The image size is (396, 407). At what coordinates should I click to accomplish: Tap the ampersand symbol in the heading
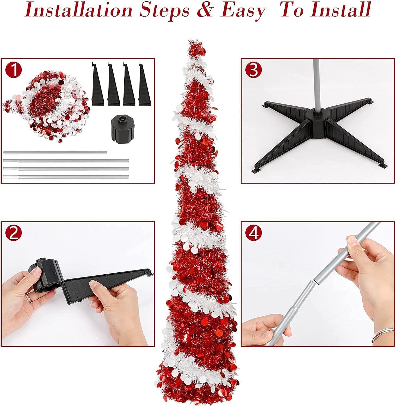(202, 10)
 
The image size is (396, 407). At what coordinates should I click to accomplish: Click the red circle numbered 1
(14, 70)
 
